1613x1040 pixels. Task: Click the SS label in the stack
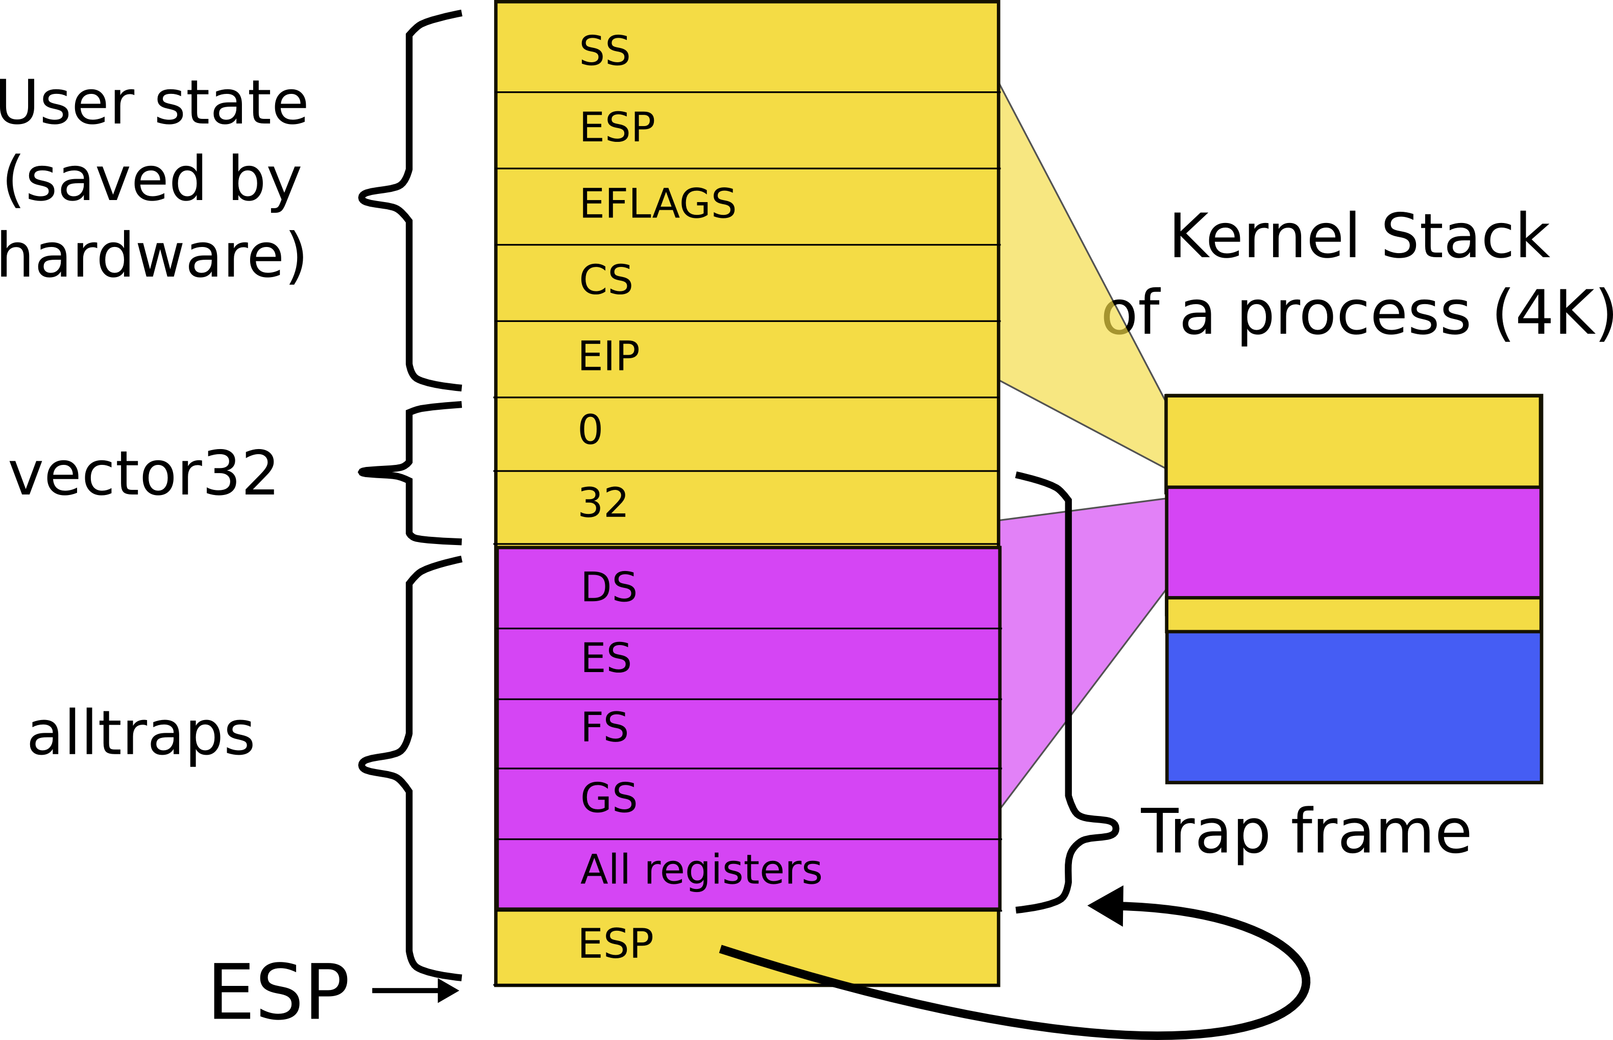[604, 51]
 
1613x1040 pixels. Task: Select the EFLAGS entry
[657, 203]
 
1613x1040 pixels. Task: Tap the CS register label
[606, 280]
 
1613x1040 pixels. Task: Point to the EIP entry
[608, 356]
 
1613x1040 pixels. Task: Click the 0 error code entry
[590, 430]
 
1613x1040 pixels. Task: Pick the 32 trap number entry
[602, 503]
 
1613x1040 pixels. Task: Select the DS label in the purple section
[608, 587]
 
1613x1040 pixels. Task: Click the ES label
[606, 658]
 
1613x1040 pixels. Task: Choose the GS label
[608, 798]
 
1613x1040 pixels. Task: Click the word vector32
[142, 474]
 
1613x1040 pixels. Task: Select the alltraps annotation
[140, 735]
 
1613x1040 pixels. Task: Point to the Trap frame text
[1305, 832]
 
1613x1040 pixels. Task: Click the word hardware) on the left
[152, 257]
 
